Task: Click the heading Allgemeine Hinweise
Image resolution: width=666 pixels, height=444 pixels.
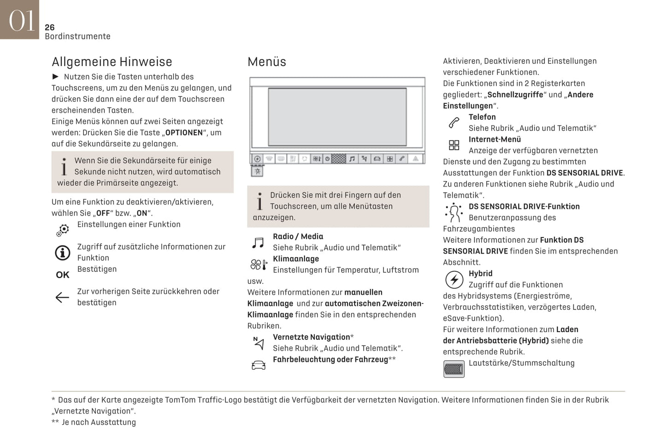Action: point(112,62)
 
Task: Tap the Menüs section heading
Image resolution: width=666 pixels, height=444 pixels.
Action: point(266,62)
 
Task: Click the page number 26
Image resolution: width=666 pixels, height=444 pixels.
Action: point(50,28)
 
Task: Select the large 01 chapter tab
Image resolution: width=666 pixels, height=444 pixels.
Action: point(20,20)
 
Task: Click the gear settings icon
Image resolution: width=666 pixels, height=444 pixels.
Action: point(63,229)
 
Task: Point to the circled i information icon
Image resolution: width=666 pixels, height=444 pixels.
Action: point(63,252)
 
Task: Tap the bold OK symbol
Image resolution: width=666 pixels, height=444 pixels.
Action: point(63,275)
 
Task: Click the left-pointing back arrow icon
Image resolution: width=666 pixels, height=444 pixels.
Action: point(62,297)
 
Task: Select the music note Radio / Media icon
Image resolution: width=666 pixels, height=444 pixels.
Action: point(258,242)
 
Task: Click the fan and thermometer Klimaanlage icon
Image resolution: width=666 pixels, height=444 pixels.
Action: point(259,265)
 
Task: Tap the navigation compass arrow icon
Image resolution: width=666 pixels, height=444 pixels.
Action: point(259,343)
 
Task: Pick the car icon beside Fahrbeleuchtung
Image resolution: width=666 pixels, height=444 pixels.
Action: point(259,365)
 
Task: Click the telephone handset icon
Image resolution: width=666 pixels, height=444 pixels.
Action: point(454,123)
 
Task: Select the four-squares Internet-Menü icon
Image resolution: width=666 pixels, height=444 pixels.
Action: point(454,145)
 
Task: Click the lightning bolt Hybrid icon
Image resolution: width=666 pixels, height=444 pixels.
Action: point(454,280)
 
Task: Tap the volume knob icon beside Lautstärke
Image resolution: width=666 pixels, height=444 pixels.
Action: point(454,369)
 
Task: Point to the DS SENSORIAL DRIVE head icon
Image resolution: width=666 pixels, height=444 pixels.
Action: point(454,212)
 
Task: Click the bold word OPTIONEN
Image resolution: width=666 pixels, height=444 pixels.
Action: point(184,133)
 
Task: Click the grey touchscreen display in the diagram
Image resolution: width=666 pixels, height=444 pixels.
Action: point(337,117)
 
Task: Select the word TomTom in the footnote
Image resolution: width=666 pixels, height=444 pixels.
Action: point(180,400)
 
